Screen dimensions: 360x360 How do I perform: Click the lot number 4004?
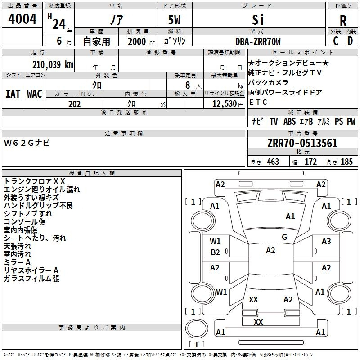coord(22,19)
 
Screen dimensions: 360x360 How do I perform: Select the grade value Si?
coord(258,20)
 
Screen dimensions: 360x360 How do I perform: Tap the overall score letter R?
coord(343,21)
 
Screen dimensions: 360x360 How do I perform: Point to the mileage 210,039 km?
coord(53,65)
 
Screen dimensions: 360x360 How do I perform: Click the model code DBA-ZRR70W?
coord(258,41)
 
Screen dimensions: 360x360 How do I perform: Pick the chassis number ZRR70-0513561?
coord(302,143)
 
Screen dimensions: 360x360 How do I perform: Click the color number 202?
coord(74,104)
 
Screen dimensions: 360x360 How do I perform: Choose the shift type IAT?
coord(13,94)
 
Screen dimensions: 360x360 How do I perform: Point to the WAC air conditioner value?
coord(35,94)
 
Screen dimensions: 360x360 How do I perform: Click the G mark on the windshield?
coord(284,237)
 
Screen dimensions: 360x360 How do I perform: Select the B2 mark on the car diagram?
coord(215,252)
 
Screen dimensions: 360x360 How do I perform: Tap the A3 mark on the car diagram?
coord(326,241)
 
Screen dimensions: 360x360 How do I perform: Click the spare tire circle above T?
coord(197,328)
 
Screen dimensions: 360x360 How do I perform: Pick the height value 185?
coord(346,162)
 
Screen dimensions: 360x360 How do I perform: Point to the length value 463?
coord(273,162)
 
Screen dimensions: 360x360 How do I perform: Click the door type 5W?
coord(174,20)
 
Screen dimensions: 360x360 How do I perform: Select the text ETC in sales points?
coord(258,103)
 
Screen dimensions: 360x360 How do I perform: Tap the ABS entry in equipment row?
coord(289,121)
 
